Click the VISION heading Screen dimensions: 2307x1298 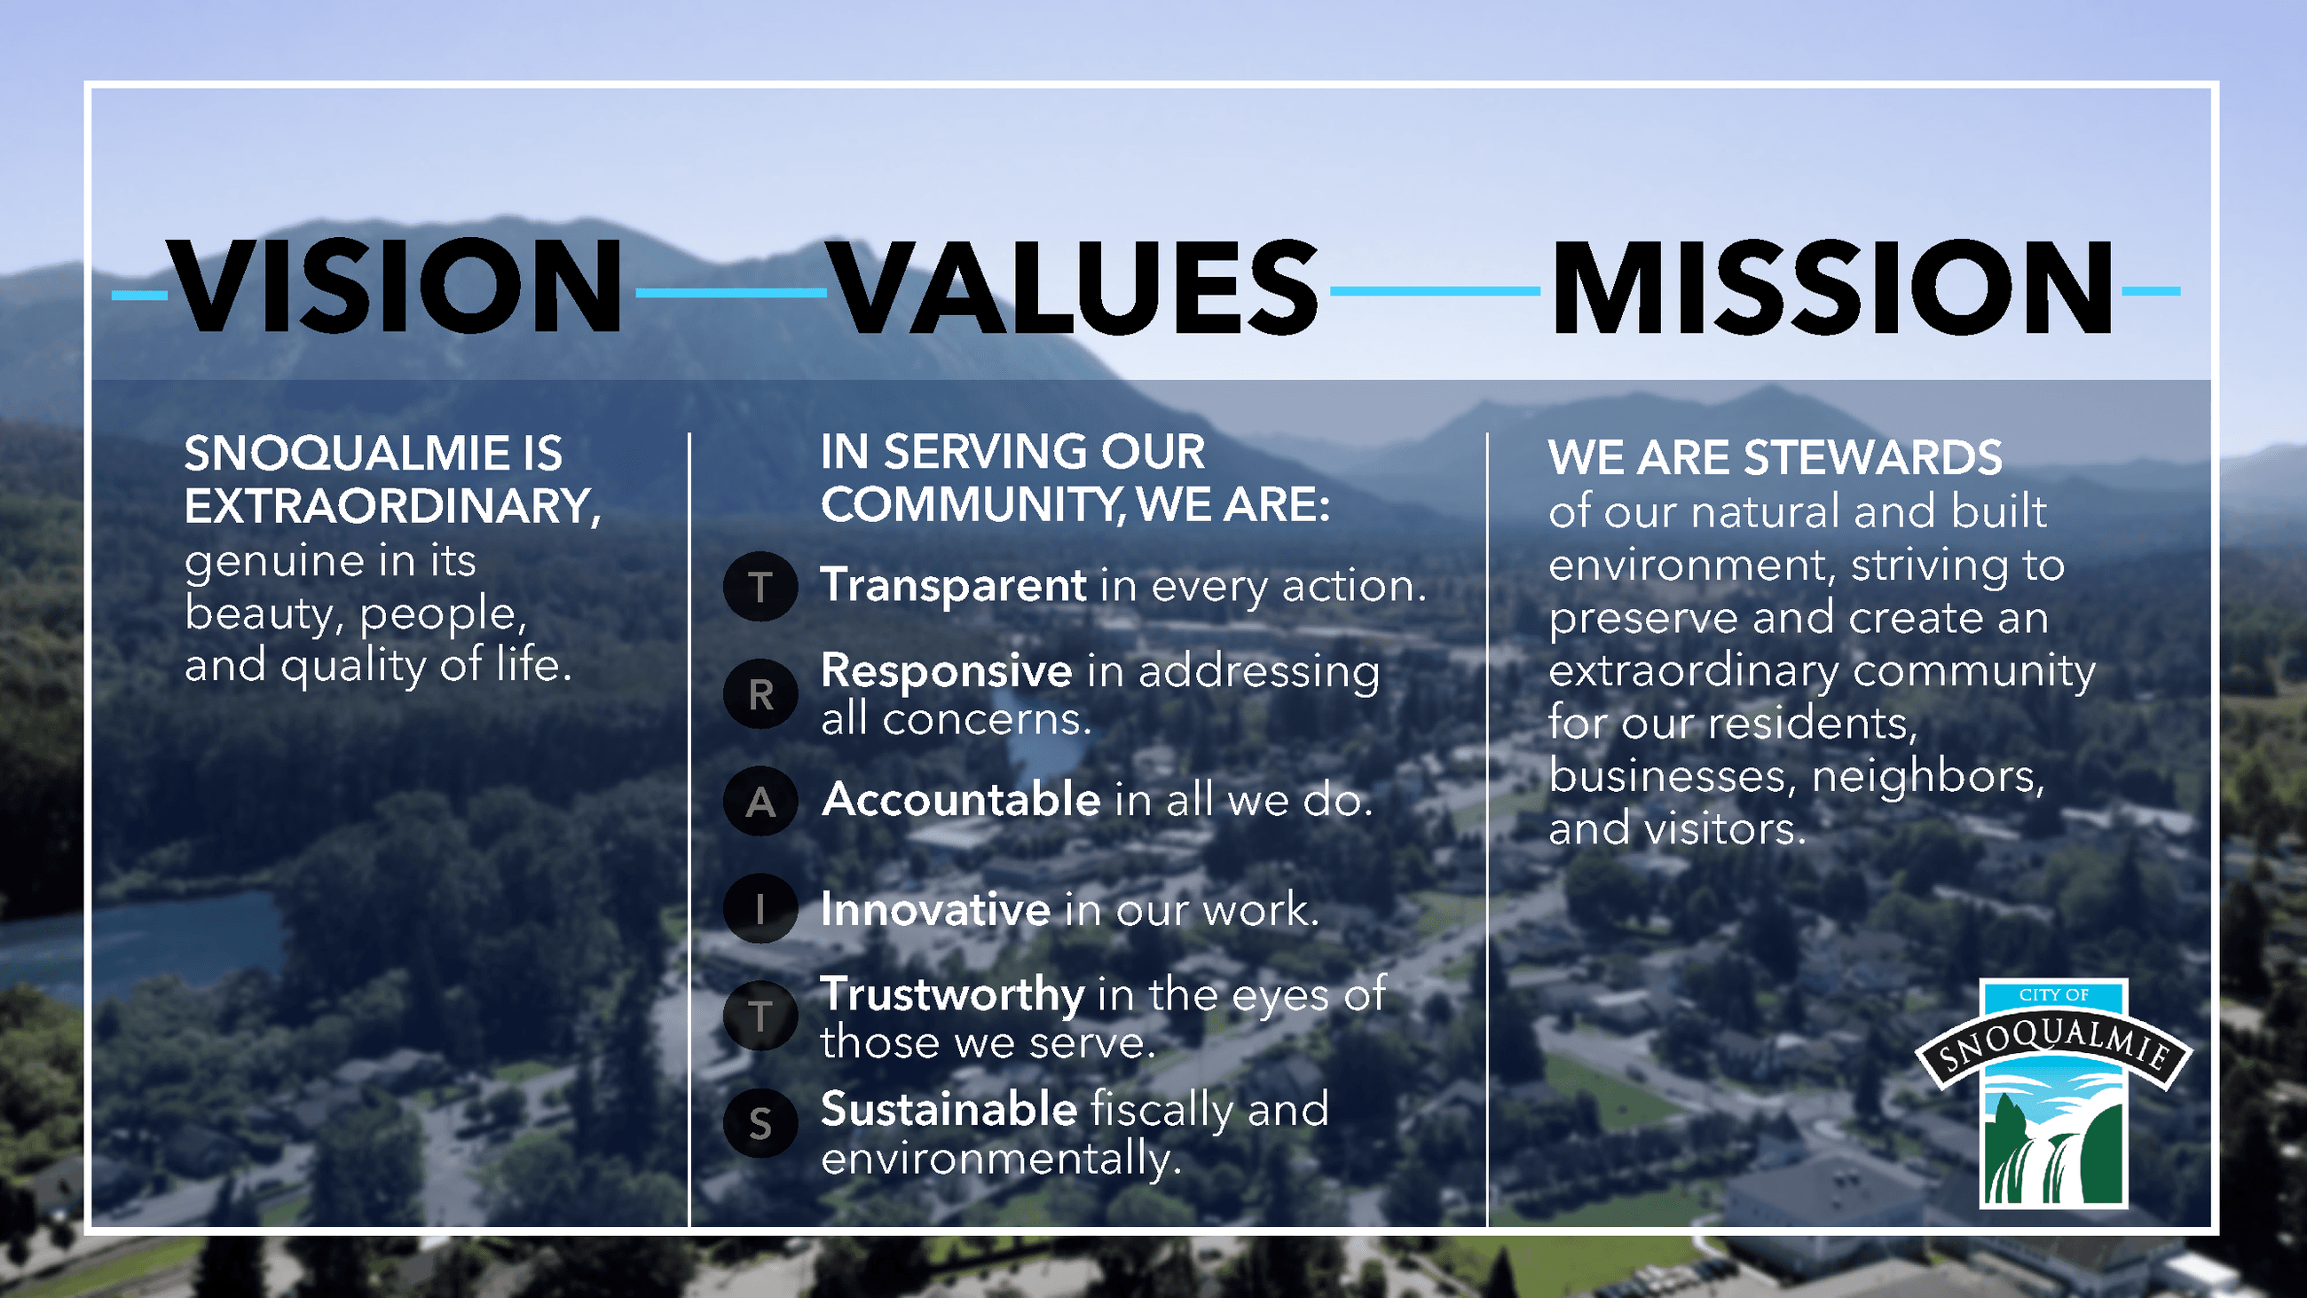click(x=394, y=286)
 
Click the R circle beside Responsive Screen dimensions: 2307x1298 click(x=760, y=694)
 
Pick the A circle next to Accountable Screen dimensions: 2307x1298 click(x=760, y=802)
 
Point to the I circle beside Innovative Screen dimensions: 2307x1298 click(x=760, y=908)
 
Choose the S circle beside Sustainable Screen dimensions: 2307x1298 click(x=760, y=1123)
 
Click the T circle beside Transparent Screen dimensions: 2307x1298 click(x=760, y=588)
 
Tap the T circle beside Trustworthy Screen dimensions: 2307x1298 click(x=760, y=1016)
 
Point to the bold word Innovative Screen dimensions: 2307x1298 click(x=936, y=909)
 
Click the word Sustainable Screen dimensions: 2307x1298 click(x=949, y=1109)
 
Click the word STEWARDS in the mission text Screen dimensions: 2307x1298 click(x=1873, y=458)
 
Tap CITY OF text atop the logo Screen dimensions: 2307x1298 click(x=2053, y=995)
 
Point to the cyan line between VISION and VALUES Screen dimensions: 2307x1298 click(x=731, y=292)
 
